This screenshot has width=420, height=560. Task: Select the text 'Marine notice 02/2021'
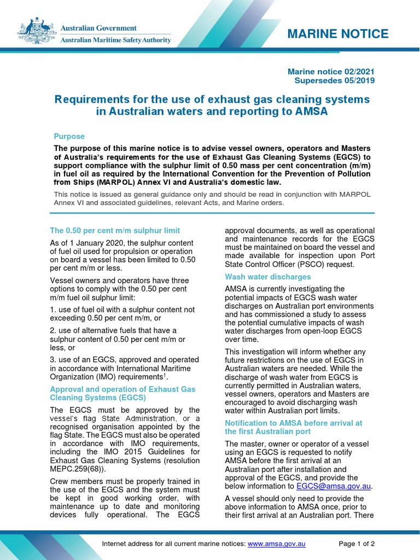pos(331,72)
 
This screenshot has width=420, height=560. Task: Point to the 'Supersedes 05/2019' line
pos(335,80)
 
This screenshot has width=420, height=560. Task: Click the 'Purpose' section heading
pos(69,136)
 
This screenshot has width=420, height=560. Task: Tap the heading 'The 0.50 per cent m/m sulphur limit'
pos(115,230)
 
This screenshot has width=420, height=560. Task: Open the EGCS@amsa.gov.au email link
pos(334,486)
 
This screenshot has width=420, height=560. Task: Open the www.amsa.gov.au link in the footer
pos(276,544)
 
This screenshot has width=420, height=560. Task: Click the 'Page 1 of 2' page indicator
pos(357,544)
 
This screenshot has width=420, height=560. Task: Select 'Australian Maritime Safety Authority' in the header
pos(115,40)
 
